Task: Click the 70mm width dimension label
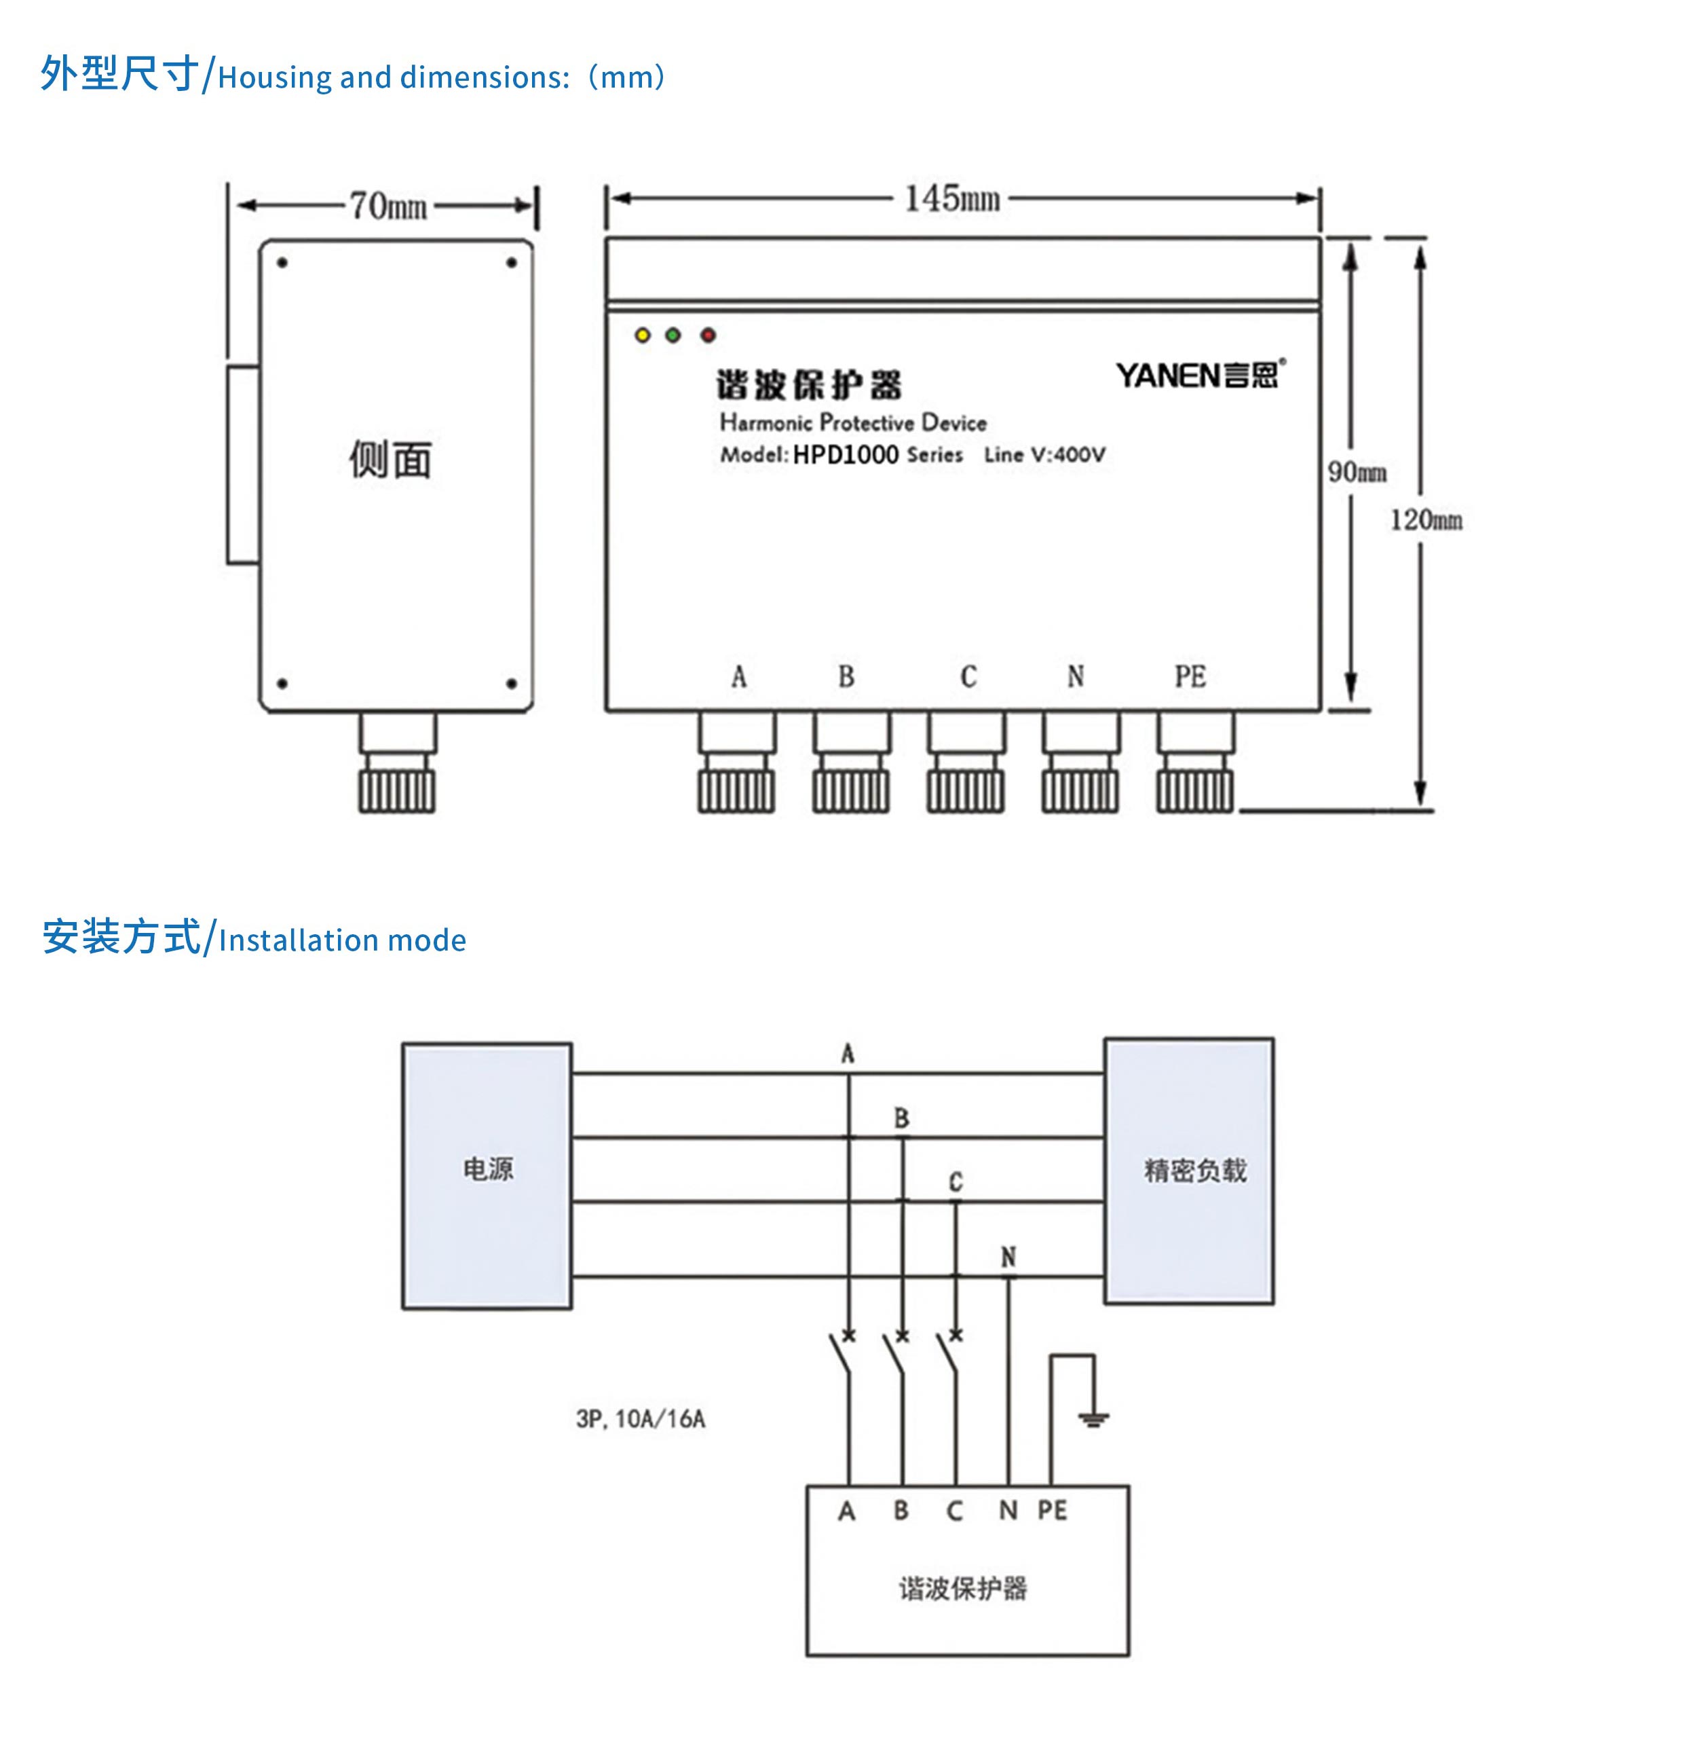tap(387, 206)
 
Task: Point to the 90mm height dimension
tap(1357, 471)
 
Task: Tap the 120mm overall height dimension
tap(1426, 519)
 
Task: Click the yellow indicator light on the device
tap(643, 335)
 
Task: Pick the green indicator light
tap(674, 335)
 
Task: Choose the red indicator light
tap(708, 335)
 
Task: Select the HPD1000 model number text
tap(846, 455)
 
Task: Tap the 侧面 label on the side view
tap(390, 460)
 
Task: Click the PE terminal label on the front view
tap(1190, 676)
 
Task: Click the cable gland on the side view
tap(398, 763)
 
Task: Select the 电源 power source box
tap(487, 1175)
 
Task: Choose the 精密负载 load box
tap(1188, 1171)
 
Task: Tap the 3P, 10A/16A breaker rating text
tap(641, 1419)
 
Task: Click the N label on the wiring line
tap(1008, 1257)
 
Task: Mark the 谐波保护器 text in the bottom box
tap(962, 1587)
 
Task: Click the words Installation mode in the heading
tap(342, 940)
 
